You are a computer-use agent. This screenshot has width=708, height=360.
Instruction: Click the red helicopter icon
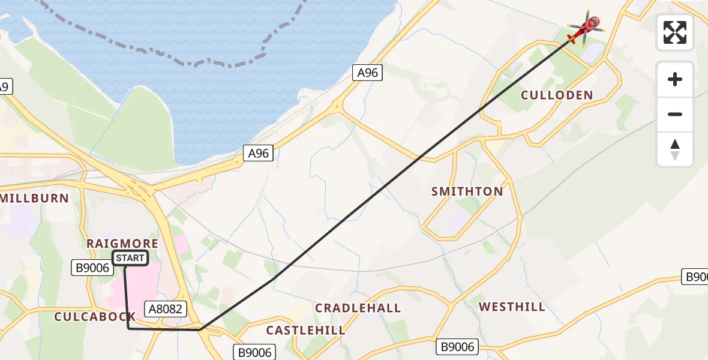(x=584, y=28)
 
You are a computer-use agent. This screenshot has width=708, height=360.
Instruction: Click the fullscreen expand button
(x=675, y=32)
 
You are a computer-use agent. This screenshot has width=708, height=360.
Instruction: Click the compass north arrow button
(x=675, y=149)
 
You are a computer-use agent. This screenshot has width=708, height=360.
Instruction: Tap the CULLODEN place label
(x=557, y=95)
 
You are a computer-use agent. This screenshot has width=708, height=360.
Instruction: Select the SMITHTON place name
(x=467, y=191)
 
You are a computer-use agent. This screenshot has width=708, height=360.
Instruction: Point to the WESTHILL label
(x=512, y=307)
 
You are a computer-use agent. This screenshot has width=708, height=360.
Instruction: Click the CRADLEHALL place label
(x=358, y=308)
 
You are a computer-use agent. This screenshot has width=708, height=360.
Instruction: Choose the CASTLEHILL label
(x=306, y=330)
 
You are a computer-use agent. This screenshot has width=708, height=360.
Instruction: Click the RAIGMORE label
(x=122, y=243)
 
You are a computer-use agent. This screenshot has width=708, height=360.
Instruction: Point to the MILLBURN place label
(x=35, y=197)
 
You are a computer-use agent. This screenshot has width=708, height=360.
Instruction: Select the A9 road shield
(x=4, y=87)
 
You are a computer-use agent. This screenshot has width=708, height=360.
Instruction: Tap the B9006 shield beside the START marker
(x=92, y=268)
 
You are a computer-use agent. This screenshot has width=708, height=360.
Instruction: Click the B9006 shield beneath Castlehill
(x=255, y=352)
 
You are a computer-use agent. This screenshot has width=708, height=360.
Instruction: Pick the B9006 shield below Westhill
(x=457, y=346)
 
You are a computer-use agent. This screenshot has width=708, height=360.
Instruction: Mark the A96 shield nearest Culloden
(x=367, y=73)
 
